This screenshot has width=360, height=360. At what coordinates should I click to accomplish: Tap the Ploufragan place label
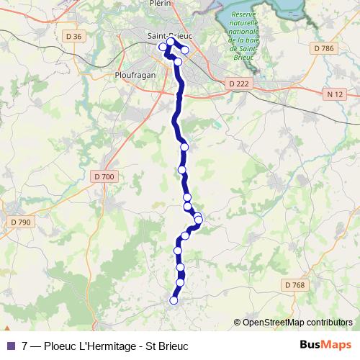point(132,74)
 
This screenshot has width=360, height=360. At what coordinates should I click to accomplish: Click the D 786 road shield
point(325,48)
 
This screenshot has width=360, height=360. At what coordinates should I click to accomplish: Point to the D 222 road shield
point(238,84)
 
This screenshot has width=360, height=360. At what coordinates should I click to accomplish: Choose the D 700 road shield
point(104,176)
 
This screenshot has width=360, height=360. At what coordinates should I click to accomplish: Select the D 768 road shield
point(294,285)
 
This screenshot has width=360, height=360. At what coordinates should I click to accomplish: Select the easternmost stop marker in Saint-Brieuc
point(185,50)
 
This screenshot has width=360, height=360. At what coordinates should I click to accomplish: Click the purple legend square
point(10,346)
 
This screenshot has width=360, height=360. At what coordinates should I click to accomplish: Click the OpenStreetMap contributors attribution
point(293,322)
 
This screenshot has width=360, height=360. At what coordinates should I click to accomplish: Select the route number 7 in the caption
point(25,346)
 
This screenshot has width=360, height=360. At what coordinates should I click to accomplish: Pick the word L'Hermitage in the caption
point(104,346)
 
